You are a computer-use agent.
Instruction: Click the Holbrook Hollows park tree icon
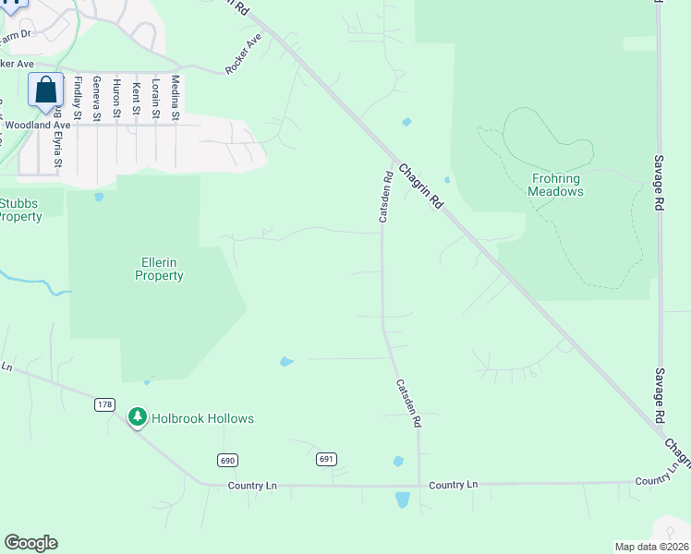(138, 418)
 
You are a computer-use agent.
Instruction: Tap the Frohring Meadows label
(556, 185)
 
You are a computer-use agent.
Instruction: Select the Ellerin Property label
(160, 269)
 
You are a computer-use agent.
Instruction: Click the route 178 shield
(104, 404)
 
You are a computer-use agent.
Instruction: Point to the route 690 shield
(228, 460)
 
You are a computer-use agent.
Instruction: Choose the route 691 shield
(325, 459)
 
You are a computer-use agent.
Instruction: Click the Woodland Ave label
(38, 125)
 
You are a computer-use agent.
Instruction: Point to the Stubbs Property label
(20, 210)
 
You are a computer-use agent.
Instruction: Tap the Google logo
(30, 542)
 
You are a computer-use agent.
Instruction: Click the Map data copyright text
(651, 546)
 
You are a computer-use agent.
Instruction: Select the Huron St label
(116, 98)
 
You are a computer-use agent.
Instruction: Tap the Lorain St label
(155, 98)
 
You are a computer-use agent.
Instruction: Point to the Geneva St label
(96, 98)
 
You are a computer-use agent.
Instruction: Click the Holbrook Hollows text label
(202, 418)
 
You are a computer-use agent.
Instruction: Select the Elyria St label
(57, 149)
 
